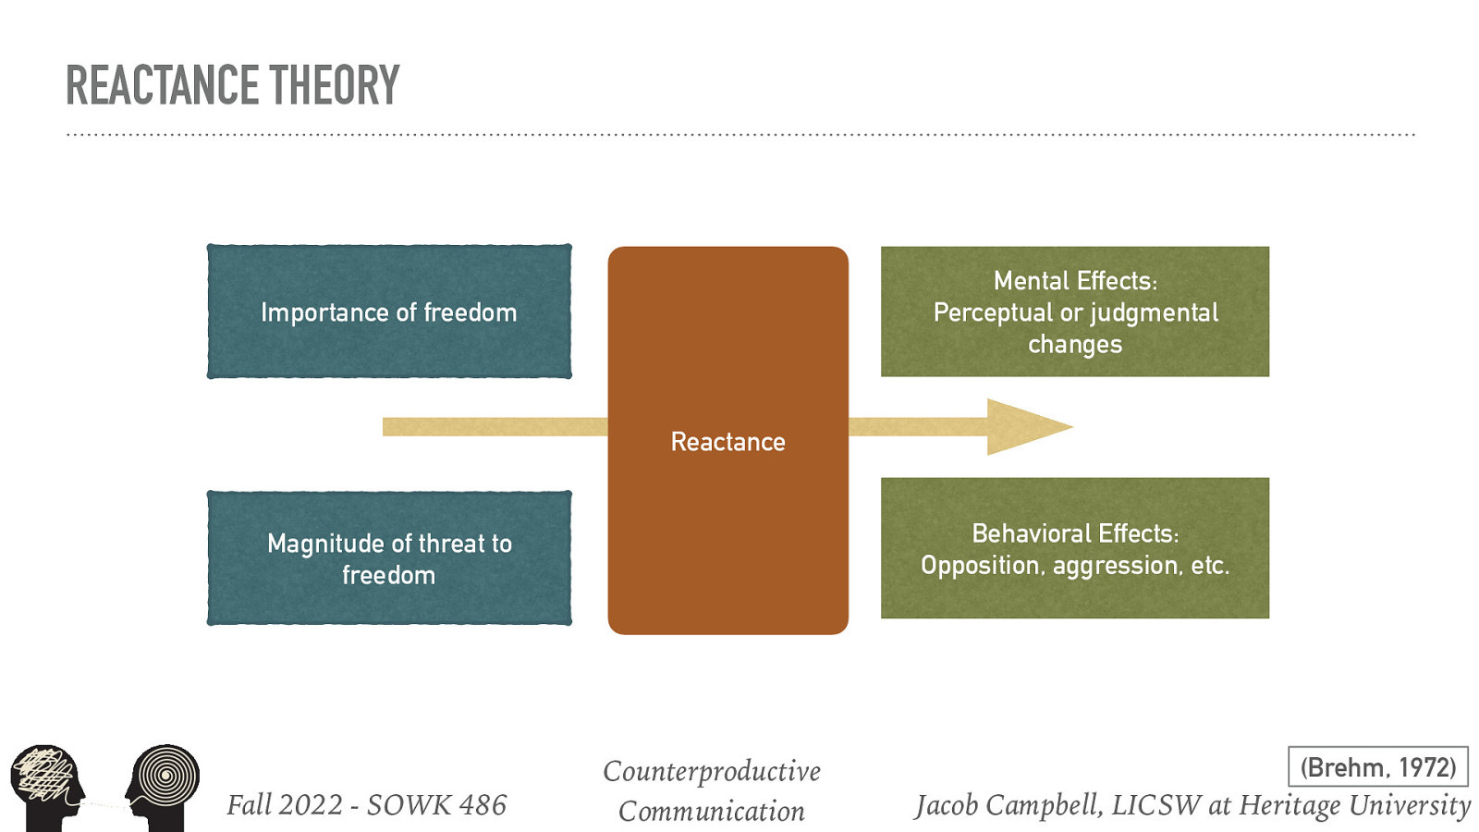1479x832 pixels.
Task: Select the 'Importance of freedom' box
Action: tap(389, 312)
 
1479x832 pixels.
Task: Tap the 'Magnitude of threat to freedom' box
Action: tap(389, 558)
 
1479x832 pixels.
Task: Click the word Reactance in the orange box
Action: tap(727, 442)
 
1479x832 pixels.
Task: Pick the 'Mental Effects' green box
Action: tap(1074, 312)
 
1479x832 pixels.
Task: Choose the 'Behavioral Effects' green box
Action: tap(1074, 548)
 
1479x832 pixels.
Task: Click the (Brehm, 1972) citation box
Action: tap(1377, 767)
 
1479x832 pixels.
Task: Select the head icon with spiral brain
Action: tap(164, 786)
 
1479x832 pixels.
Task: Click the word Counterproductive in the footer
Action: tap(711, 771)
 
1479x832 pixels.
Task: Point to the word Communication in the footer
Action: tap(711, 812)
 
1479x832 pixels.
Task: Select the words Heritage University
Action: tap(1353, 805)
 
